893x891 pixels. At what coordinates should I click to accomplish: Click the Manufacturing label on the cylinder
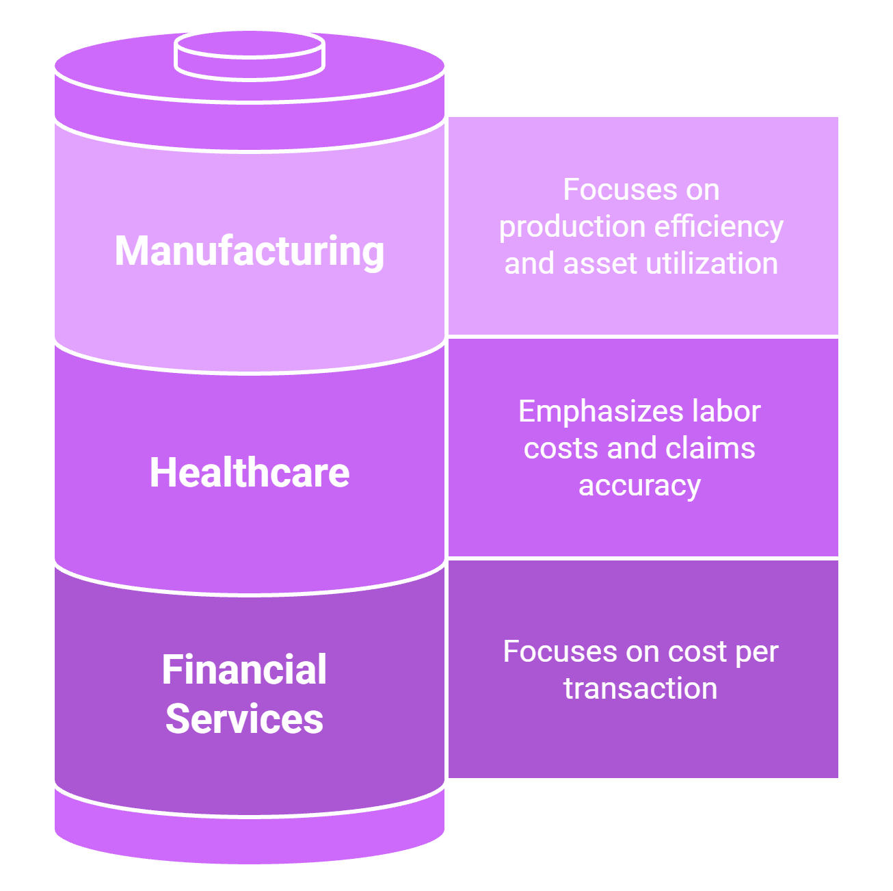(x=250, y=251)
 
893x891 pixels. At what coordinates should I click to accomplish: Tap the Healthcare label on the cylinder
(x=250, y=472)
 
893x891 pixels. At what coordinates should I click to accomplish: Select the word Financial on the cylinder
(x=244, y=669)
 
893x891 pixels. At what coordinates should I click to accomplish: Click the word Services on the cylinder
(x=244, y=719)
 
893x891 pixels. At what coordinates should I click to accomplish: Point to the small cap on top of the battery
(x=250, y=55)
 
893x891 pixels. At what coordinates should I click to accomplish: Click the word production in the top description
(x=572, y=227)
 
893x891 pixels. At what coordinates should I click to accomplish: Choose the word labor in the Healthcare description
(x=726, y=411)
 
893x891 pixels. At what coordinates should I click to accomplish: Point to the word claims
(x=710, y=448)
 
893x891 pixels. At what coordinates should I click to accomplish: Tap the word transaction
(x=641, y=688)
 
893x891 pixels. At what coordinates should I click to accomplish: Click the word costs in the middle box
(x=561, y=449)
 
